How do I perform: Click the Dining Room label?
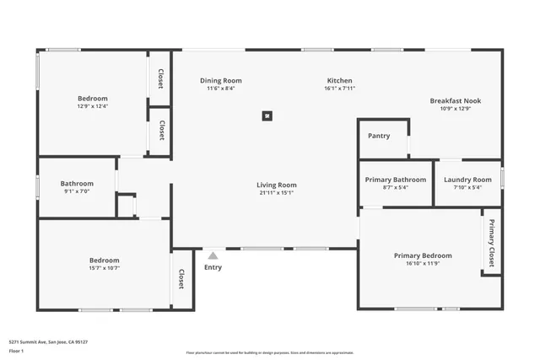(221, 81)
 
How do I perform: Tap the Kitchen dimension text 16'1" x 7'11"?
(340, 89)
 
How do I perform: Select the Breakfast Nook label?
(455, 100)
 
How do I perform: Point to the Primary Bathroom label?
(395, 180)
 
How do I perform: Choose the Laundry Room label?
(467, 180)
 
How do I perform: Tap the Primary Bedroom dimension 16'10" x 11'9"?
(423, 263)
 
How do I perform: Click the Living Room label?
(277, 185)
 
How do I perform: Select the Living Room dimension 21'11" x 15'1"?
(277, 192)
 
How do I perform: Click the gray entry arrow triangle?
(213, 255)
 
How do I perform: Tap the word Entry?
(213, 268)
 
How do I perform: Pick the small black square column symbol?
(267, 116)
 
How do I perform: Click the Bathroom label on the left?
(77, 184)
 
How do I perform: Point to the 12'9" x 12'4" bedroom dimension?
(93, 106)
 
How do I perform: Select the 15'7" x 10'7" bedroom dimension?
(105, 268)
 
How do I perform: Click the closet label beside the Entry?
(181, 279)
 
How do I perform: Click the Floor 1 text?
(16, 350)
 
